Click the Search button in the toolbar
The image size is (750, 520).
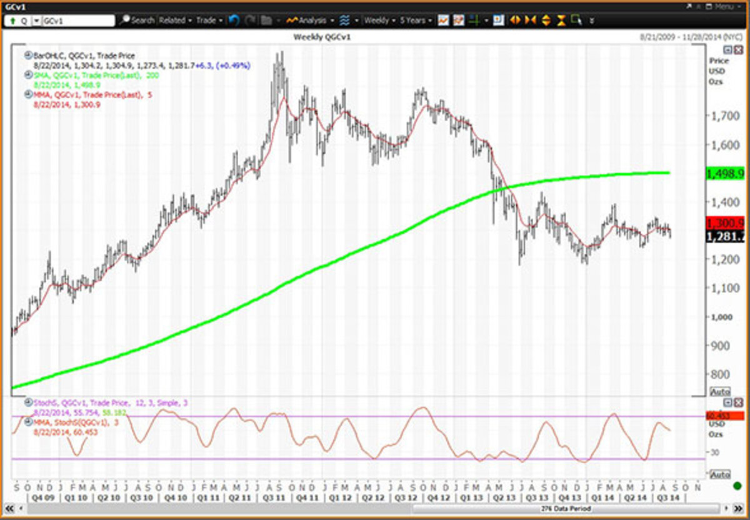tap(137, 20)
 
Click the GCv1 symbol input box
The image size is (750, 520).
tap(78, 21)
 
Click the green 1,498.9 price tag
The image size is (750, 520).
tap(725, 173)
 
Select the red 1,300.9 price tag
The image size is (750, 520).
tap(725, 223)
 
